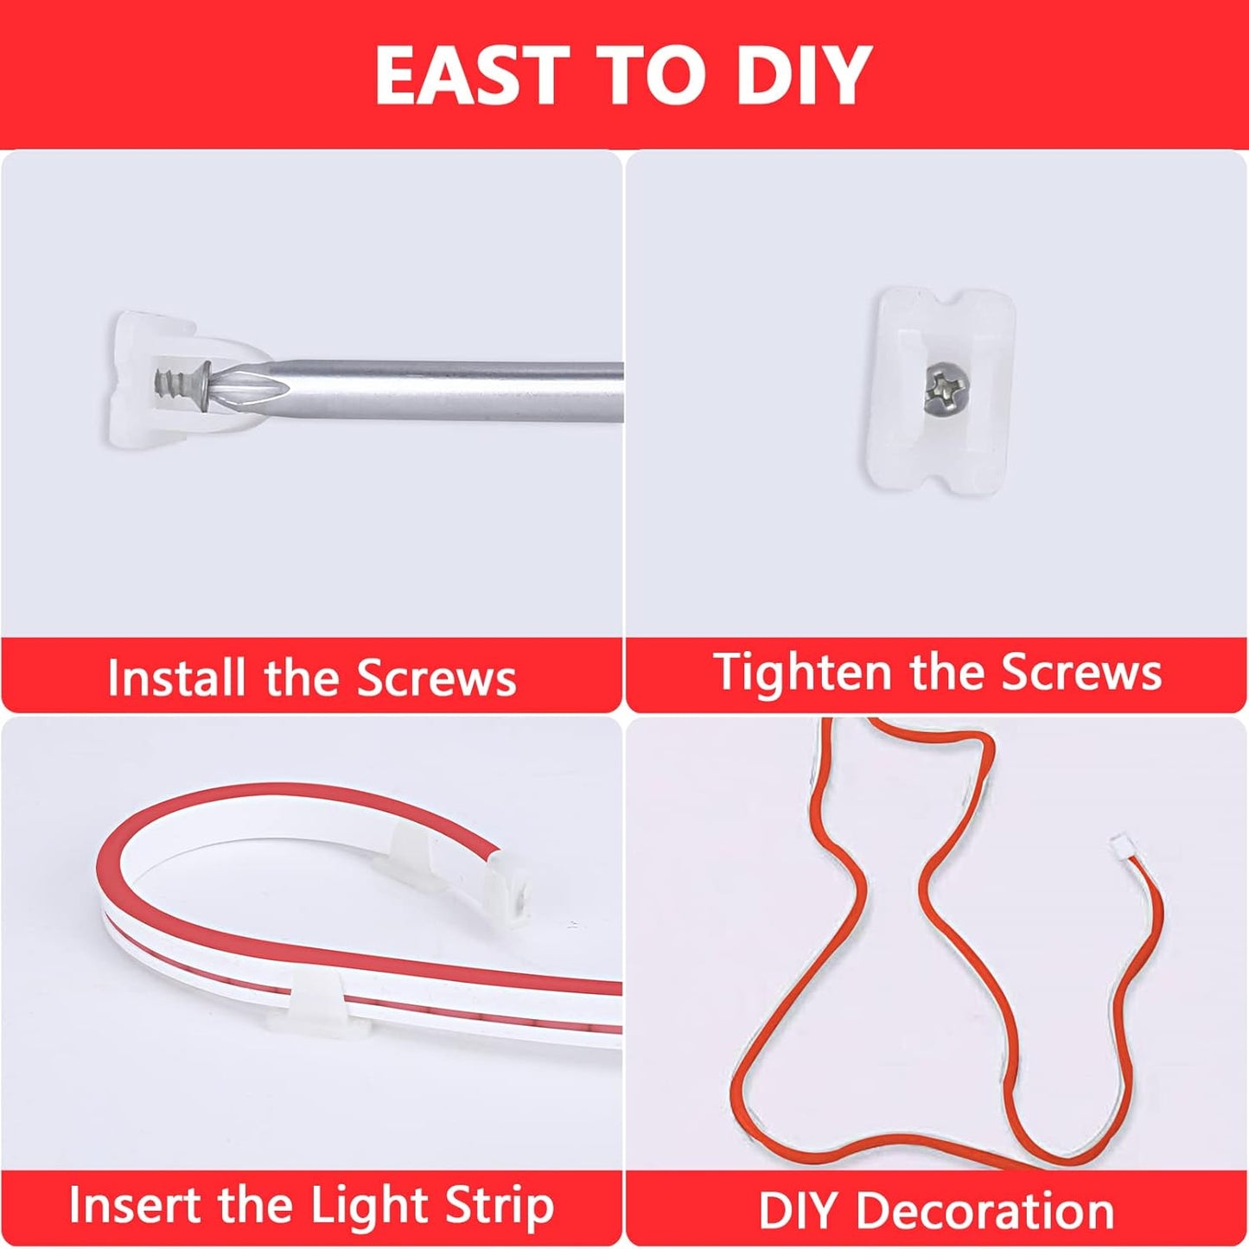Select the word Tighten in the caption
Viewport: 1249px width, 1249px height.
801,672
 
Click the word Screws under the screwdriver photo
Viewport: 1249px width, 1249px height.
437,678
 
